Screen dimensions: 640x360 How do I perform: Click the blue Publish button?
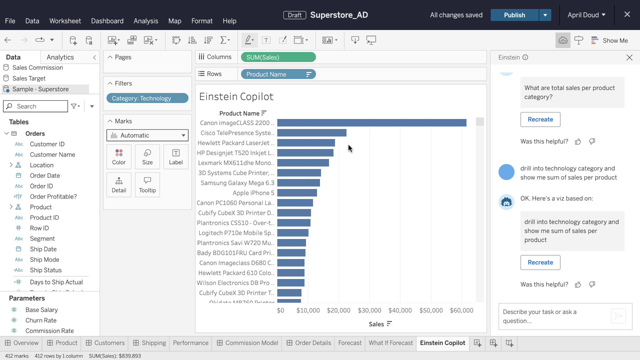click(514, 15)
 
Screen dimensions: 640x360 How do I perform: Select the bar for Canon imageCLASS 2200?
click(372, 123)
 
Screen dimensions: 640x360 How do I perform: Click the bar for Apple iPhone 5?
click(297, 193)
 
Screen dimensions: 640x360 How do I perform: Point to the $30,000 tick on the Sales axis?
click(369, 310)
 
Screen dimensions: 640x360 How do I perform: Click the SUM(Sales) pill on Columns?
click(278, 57)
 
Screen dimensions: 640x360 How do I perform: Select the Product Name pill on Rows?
click(278, 74)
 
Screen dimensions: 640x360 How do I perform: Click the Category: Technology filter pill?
click(147, 98)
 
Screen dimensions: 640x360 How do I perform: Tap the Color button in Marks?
click(119, 157)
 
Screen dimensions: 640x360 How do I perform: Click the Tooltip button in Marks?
click(147, 185)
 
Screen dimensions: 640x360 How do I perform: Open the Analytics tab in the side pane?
click(60, 57)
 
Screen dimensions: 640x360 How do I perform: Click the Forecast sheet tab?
click(350, 343)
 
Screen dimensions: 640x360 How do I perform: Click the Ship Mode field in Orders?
click(44, 259)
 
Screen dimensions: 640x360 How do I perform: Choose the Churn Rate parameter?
click(41, 320)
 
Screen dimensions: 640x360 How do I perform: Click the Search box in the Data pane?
click(35, 106)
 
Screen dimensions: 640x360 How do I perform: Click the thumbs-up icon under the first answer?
click(578, 142)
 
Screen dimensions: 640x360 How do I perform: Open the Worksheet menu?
click(65, 21)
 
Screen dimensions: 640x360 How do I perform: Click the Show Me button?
click(610, 40)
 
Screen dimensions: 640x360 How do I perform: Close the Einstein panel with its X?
click(629, 57)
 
